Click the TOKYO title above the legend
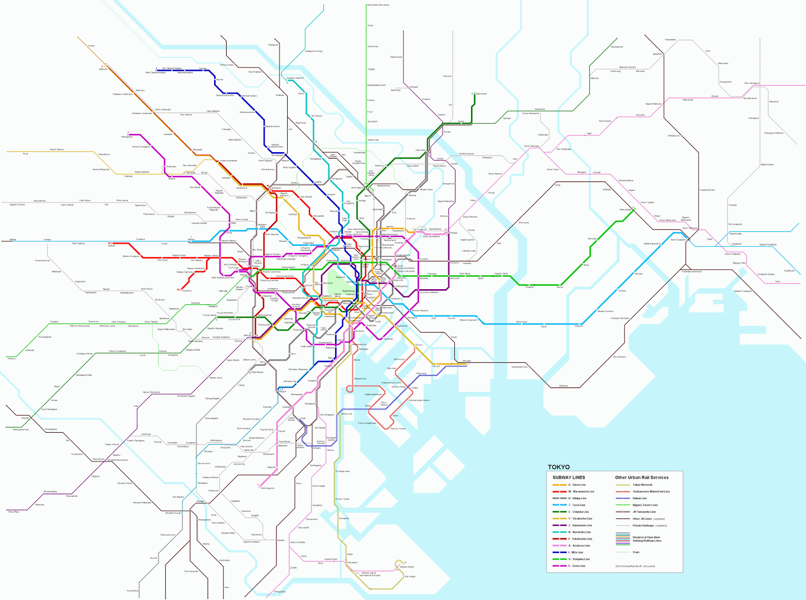tap(559, 467)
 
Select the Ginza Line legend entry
tap(577, 485)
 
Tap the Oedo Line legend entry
tap(577, 566)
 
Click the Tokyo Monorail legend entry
tap(642, 485)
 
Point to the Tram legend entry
tap(636, 552)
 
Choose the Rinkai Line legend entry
tap(640, 498)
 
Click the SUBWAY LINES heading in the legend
tap(569, 478)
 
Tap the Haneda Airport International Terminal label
tap(370, 574)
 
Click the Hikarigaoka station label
tap(127, 137)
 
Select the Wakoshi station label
tap(103, 70)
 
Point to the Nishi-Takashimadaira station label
tap(155, 73)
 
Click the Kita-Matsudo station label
tap(617, 47)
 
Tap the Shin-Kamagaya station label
tap(752, 83)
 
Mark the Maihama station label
tap(563, 386)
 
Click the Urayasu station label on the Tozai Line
tap(579, 326)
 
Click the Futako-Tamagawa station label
tap(136, 440)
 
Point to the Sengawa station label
tap(54, 321)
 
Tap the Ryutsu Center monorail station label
tap(342, 499)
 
